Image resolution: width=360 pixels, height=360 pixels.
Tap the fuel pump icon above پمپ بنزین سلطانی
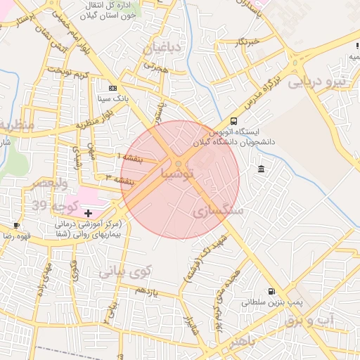click(271, 291)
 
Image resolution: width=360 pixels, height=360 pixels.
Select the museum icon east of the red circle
click(262, 169)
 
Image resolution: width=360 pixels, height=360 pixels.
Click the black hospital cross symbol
click(88, 212)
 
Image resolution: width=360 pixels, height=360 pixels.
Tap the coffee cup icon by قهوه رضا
click(16, 226)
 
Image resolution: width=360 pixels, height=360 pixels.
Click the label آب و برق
click(310, 320)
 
